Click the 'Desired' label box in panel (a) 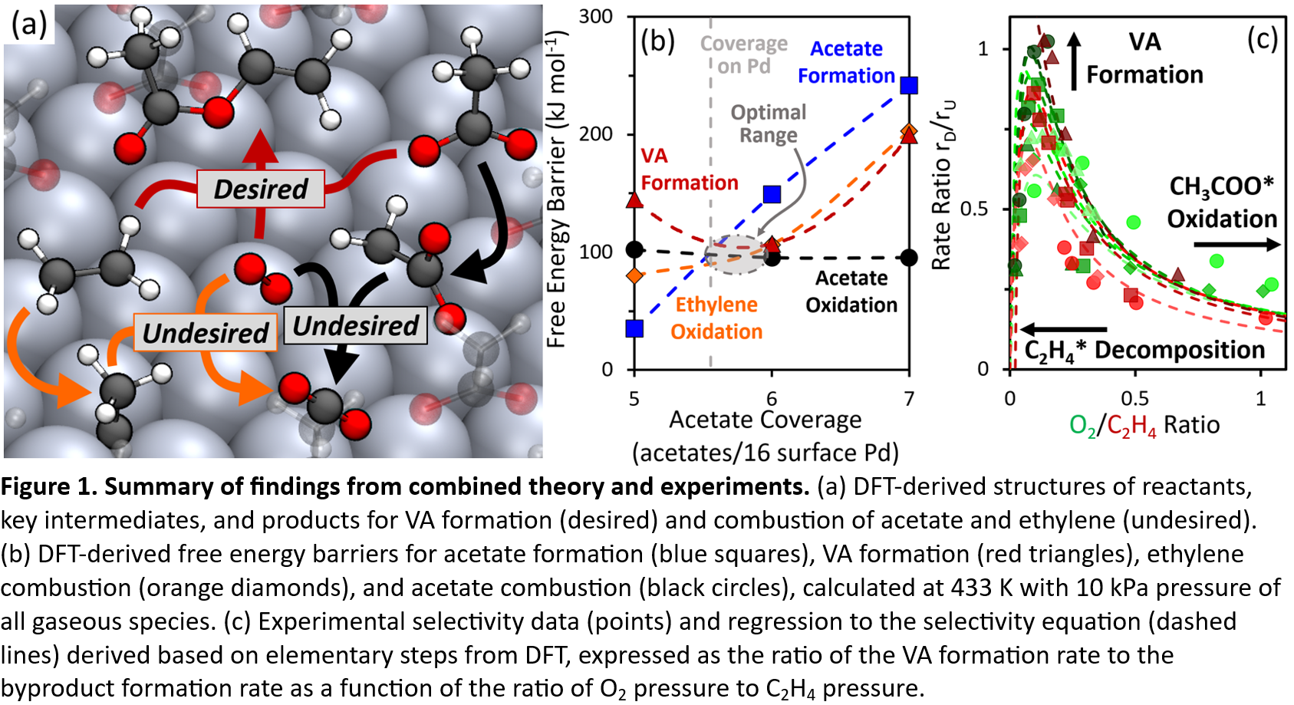pos(260,189)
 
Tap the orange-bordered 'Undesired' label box pos(206,333)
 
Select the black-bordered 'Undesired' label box pos(355,325)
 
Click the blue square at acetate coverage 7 pos(909,85)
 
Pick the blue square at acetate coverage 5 pos(634,328)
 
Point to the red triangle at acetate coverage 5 pos(634,200)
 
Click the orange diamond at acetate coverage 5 pos(634,275)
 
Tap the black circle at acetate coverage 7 pos(909,258)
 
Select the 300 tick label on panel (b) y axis pos(596,17)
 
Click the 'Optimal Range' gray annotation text pos(768,124)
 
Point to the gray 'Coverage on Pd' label pos(743,54)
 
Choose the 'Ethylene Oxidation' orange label pos(716,318)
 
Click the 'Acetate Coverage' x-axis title pos(765,420)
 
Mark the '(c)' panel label pos(1262,39)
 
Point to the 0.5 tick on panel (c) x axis pos(1135,399)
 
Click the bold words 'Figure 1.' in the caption pos(48,486)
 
